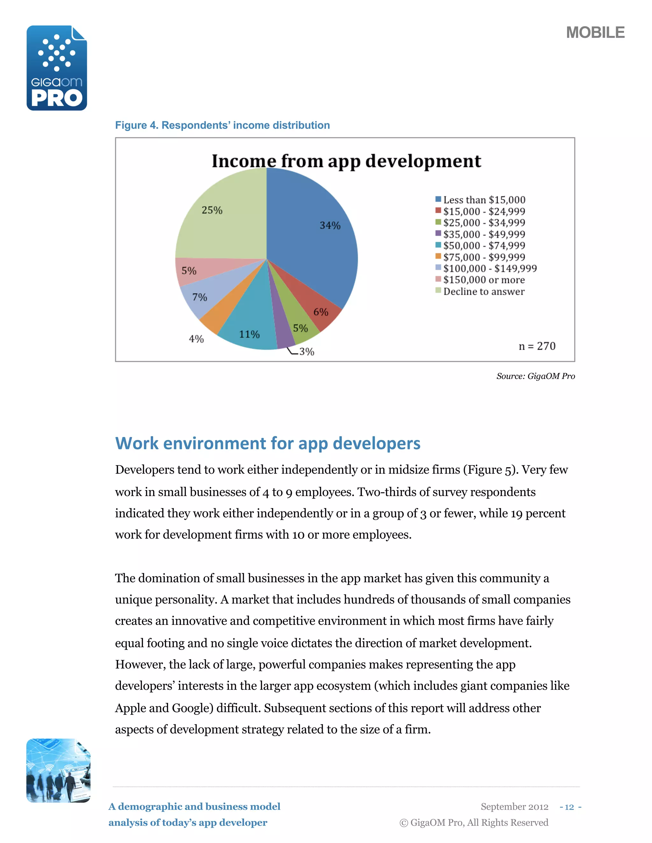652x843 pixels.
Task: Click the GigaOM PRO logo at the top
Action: click(x=57, y=68)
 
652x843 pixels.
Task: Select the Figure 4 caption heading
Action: click(x=223, y=125)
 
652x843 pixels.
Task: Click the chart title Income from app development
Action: click(x=346, y=161)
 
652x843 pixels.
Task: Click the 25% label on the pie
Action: click(x=212, y=210)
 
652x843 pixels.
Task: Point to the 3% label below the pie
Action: click(x=307, y=352)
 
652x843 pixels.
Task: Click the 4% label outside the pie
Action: click(x=196, y=339)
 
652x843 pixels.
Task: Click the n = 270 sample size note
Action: click(x=537, y=346)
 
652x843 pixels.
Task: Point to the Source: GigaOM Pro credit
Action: click(x=535, y=376)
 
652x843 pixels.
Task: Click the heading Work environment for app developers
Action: click(x=268, y=443)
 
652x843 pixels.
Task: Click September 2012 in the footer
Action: click(x=514, y=807)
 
